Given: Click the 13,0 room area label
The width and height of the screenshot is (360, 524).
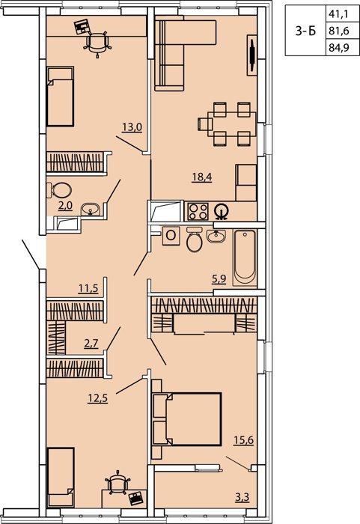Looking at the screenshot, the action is pyautogui.click(x=132, y=127).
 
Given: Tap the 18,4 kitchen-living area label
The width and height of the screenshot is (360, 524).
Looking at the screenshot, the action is pyautogui.click(x=202, y=177).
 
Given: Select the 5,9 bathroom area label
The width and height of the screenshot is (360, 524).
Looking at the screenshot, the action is pyautogui.click(x=219, y=279).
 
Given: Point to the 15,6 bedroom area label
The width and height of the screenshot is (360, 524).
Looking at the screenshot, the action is pyautogui.click(x=243, y=440).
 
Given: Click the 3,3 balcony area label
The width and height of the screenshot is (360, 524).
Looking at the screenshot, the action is pyautogui.click(x=242, y=498).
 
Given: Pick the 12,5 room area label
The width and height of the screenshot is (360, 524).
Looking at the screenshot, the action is pyautogui.click(x=97, y=398).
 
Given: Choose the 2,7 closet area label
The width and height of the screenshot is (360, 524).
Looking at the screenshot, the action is pyautogui.click(x=91, y=344).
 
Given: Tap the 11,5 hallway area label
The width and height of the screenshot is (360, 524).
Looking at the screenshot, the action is pyautogui.click(x=88, y=288).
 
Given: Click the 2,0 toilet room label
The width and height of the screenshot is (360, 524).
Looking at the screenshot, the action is pyautogui.click(x=65, y=206).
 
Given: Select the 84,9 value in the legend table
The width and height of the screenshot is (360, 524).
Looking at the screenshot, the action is pyautogui.click(x=338, y=47).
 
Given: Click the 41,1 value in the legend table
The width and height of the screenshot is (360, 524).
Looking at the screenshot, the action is pyautogui.click(x=338, y=13).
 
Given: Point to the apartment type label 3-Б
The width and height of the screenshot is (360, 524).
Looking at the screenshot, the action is pyautogui.click(x=305, y=31).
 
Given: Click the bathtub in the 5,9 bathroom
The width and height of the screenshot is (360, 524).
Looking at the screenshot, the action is pyautogui.click(x=245, y=257).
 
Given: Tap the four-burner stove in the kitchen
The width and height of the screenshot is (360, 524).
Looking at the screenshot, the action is pyautogui.click(x=198, y=212).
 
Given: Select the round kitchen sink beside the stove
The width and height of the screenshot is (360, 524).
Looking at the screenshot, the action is pyautogui.click(x=222, y=212).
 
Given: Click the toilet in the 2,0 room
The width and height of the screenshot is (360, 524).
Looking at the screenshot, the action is pyautogui.click(x=59, y=190).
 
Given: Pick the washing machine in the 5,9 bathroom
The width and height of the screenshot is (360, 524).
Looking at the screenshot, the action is pyautogui.click(x=171, y=236).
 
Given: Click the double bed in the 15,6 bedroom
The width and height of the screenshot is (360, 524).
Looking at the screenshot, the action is pyautogui.click(x=186, y=419).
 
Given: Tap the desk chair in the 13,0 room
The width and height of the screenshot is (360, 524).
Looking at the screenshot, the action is pyautogui.click(x=97, y=43).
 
